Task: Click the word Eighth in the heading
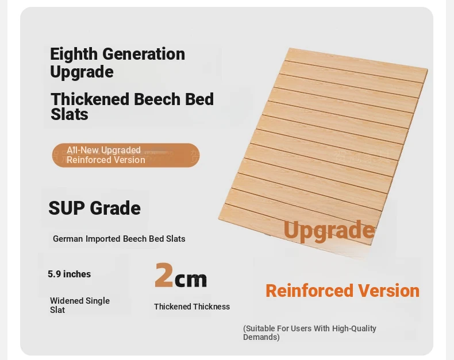pos(74,55)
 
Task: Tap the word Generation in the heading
pos(144,54)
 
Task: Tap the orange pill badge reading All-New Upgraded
pos(126,155)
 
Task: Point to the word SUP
pos(67,208)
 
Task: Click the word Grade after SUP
pos(116,208)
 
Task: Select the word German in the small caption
pos(68,239)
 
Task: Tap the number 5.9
pos(54,274)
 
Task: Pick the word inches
pos(77,274)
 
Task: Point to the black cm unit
pos(191,279)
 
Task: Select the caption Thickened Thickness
pos(192,307)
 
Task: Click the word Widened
pos(67,301)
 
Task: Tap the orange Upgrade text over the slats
pos(329,230)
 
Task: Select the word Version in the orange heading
pos(388,291)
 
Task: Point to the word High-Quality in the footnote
pos(354,328)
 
